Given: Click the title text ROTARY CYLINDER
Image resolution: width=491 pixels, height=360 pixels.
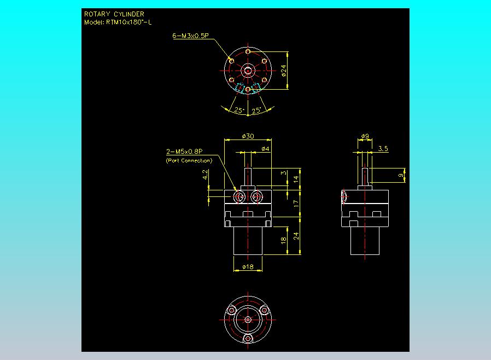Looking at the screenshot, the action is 114,14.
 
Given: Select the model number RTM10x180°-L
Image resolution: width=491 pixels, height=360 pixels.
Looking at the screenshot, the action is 128,22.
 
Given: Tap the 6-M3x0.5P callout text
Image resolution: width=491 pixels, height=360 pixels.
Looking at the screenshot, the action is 190,36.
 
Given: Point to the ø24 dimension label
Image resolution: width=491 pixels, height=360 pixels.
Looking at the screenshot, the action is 284,71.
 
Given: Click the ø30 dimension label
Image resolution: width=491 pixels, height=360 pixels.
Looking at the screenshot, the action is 248,136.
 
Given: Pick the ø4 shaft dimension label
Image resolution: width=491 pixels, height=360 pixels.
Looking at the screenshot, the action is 265,149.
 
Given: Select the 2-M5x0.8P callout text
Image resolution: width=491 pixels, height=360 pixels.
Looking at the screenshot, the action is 184,152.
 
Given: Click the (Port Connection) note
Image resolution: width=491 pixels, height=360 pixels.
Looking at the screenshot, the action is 189,160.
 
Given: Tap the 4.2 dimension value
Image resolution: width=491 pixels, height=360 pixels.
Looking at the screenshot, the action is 205,175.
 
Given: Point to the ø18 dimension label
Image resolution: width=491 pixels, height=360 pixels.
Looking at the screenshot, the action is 248,266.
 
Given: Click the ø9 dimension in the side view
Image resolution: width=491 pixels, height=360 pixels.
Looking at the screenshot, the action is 365,136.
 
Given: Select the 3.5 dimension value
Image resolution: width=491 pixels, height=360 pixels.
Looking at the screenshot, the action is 383,148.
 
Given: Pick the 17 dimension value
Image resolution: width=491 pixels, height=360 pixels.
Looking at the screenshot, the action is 296,204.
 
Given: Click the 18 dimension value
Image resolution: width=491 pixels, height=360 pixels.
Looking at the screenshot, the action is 283,240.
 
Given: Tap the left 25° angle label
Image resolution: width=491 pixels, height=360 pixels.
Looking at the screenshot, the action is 239,110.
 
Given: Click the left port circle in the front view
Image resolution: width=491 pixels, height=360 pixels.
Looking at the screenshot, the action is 239,197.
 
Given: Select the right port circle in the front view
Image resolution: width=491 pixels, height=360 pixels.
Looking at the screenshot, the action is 256,197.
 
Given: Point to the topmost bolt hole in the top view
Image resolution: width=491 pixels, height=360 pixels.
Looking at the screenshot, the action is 248,51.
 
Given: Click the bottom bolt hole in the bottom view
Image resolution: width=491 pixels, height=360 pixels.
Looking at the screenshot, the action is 248,339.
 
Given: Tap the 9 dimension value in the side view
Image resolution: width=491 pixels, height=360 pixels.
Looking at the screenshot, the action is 401,175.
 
